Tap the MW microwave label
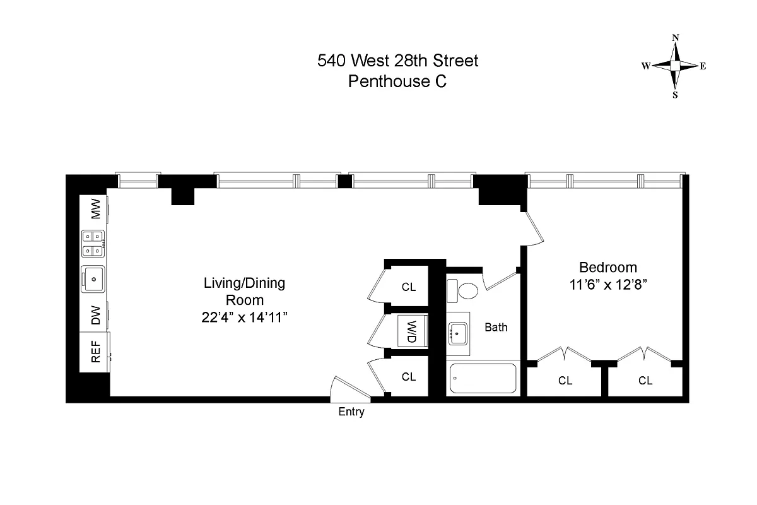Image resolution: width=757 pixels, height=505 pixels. [x=96, y=210]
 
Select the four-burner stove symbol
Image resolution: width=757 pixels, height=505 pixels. [x=93, y=244]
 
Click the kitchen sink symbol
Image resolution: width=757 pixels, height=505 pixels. [x=93, y=278]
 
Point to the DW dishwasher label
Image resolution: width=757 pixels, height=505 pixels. [x=96, y=314]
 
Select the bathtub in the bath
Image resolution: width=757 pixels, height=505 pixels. [x=483, y=379]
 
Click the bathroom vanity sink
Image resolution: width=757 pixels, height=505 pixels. [x=458, y=331]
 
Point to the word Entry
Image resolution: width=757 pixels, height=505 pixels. [x=351, y=412]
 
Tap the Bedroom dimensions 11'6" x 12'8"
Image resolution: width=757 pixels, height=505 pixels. [x=608, y=284]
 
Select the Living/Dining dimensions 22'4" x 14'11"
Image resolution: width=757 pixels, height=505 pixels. [x=244, y=317]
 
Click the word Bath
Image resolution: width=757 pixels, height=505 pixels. [x=496, y=327]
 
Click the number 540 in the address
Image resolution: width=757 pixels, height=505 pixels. [x=331, y=61]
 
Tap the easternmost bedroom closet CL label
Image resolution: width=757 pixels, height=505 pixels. [x=645, y=380]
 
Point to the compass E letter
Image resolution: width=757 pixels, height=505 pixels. [x=703, y=66]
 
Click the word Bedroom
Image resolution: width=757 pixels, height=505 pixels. [x=608, y=267]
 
